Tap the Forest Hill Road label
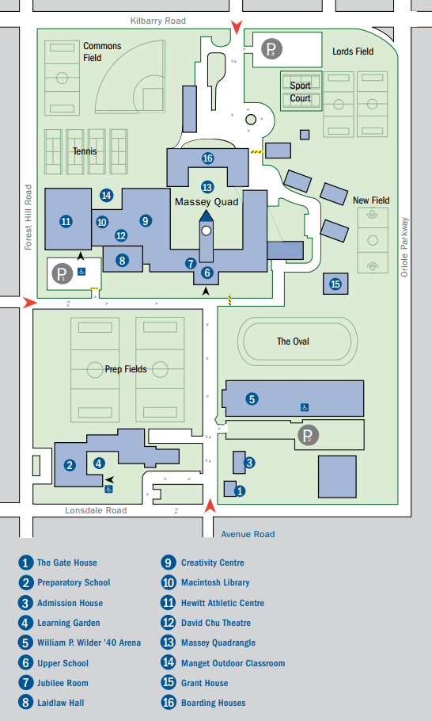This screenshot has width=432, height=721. (x=28, y=217)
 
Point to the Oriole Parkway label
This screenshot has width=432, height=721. (x=404, y=246)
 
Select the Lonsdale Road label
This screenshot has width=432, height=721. (x=96, y=510)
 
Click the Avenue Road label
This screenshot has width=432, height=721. (x=248, y=534)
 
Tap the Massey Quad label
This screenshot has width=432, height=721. (x=207, y=202)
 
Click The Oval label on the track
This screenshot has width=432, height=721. (x=293, y=341)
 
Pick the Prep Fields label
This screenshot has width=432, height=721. (x=126, y=369)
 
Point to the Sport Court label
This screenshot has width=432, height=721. (x=300, y=92)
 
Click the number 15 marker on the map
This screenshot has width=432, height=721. (x=335, y=284)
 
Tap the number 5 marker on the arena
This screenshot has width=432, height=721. (x=252, y=399)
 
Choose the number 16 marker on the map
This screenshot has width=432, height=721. (x=207, y=158)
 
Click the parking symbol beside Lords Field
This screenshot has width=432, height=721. (x=272, y=50)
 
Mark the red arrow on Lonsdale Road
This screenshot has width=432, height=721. (x=210, y=506)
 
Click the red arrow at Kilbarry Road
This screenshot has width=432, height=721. (x=237, y=29)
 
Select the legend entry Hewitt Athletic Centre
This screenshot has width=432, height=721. (x=213, y=602)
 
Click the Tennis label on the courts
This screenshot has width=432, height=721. (x=85, y=151)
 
